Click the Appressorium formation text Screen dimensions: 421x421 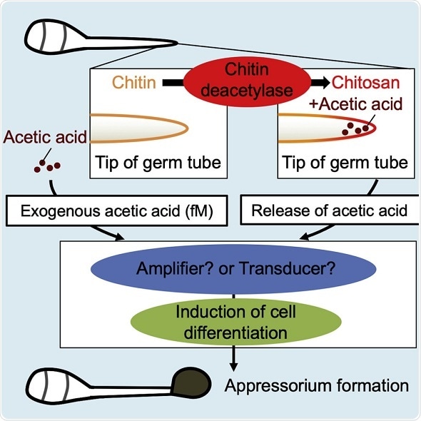(x=316, y=386)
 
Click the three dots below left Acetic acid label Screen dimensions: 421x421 (x=48, y=168)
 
